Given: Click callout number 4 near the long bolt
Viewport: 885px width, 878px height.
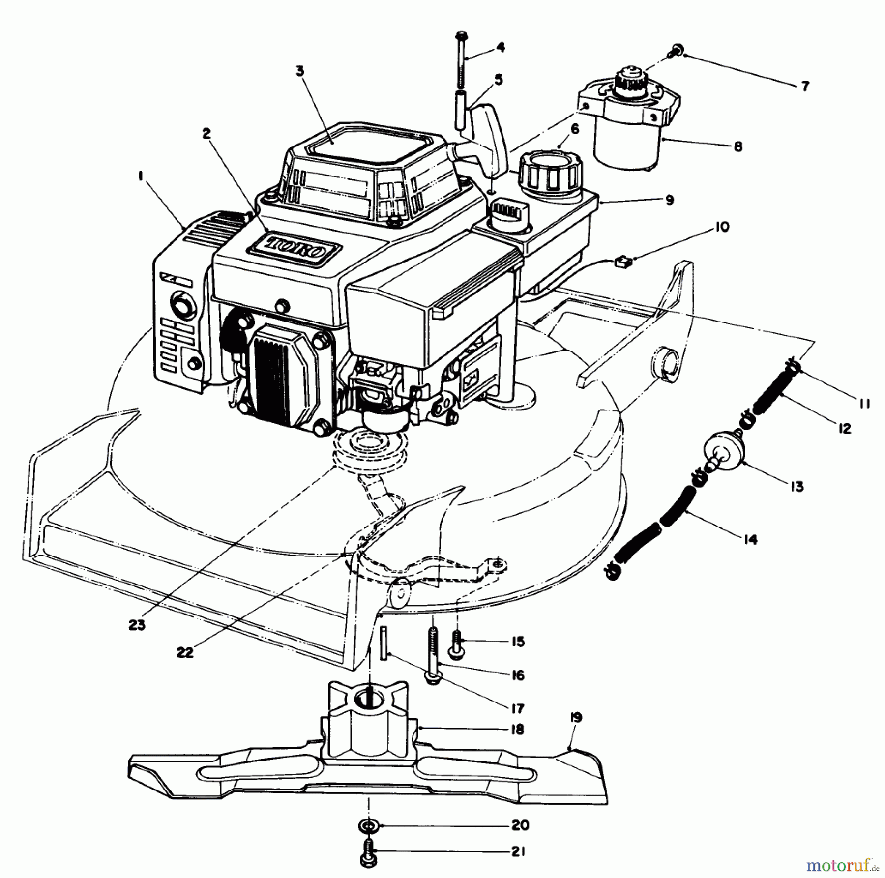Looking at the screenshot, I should click(500, 48).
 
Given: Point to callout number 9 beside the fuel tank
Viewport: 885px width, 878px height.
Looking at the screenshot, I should click(669, 200).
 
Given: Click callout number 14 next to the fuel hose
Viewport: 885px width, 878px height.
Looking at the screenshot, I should click(750, 540).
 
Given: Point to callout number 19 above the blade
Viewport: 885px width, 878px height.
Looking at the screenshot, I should click(576, 718).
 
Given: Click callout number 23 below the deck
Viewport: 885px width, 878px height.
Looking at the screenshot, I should click(138, 625).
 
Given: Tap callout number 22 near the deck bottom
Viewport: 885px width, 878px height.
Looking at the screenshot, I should click(186, 653).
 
